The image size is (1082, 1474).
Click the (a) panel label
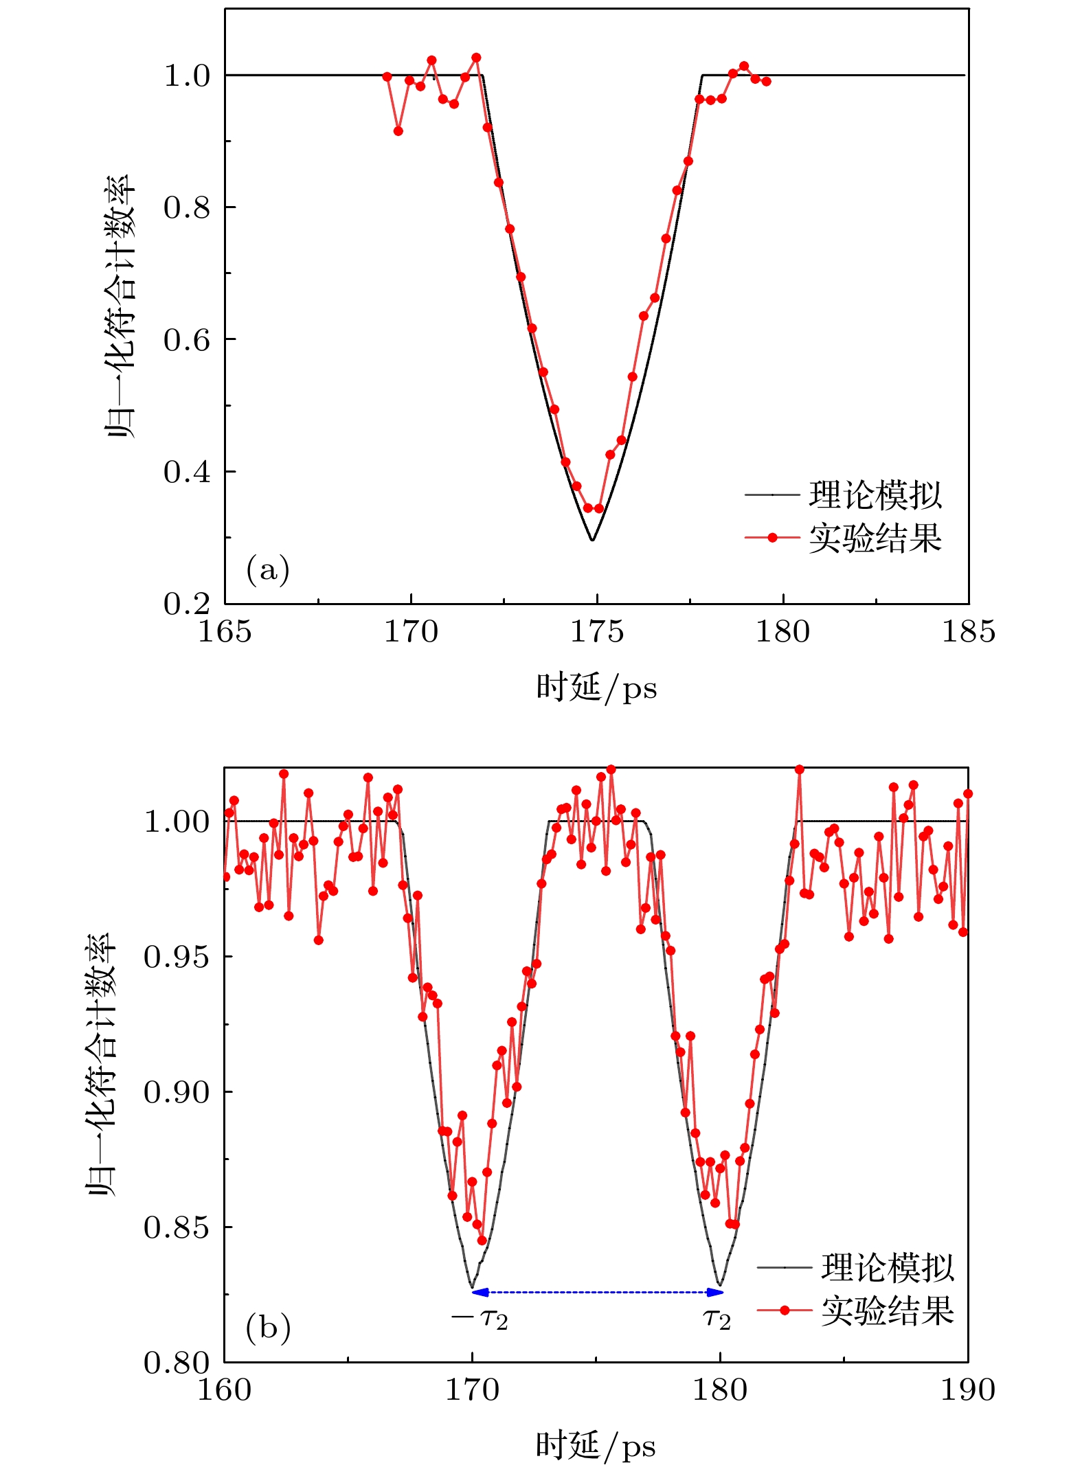[267, 569]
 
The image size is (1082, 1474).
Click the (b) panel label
[268, 1328]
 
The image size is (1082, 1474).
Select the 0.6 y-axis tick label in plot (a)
[187, 340]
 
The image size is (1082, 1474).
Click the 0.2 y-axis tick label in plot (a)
[187, 604]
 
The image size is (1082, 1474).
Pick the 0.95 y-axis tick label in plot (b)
[177, 956]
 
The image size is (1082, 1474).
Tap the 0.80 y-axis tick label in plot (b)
[177, 1363]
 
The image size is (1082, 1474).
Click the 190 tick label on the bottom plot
[967, 1391]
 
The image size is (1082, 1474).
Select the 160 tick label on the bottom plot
[225, 1391]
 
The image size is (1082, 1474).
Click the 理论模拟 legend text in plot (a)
[875, 495]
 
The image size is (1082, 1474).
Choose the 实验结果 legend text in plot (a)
[875, 538]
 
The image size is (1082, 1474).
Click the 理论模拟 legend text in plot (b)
[887, 1267]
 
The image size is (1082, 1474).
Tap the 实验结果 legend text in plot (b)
[887, 1311]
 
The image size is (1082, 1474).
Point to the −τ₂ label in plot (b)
[480, 1319]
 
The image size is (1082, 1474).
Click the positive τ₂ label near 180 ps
[717, 1319]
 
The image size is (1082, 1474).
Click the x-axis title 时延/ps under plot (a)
[596, 688]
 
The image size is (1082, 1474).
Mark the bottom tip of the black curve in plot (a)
[592, 540]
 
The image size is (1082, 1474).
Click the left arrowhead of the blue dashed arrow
[480, 1292]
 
